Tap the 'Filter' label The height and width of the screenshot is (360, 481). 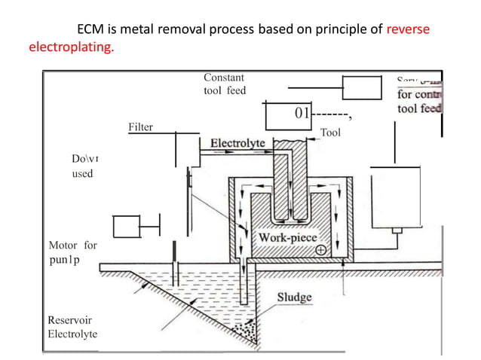click(x=141, y=127)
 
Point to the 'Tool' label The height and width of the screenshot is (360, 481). click(x=331, y=133)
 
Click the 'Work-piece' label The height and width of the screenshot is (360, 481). click(x=287, y=237)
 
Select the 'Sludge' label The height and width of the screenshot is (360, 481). click(x=294, y=297)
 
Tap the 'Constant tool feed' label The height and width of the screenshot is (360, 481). click(x=225, y=84)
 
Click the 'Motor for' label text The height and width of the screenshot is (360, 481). click(x=72, y=245)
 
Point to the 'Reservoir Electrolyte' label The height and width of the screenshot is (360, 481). click(x=72, y=327)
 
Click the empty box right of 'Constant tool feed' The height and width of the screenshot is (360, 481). click(x=363, y=87)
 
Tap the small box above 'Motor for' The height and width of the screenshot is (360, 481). click(x=127, y=224)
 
